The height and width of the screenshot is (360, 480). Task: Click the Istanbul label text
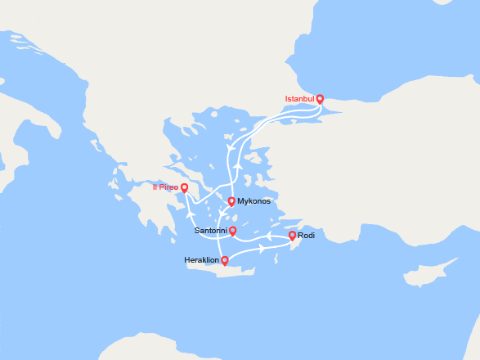(299, 99)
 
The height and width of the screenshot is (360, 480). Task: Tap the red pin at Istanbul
(320, 99)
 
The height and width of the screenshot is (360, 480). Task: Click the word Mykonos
(254, 201)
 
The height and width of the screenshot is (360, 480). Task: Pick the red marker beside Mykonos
(231, 201)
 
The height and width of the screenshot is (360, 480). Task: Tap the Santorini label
(211, 231)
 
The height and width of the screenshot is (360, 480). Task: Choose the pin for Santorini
(233, 231)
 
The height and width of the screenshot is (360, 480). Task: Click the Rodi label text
(307, 236)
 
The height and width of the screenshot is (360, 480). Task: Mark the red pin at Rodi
(292, 236)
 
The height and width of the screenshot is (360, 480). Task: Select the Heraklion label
(202, 261)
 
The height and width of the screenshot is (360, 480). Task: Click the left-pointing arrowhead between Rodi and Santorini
(267, 236)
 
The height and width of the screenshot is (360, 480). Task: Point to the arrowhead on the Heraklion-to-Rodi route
(261, 249)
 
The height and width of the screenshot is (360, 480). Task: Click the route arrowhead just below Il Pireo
(191, 214)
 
